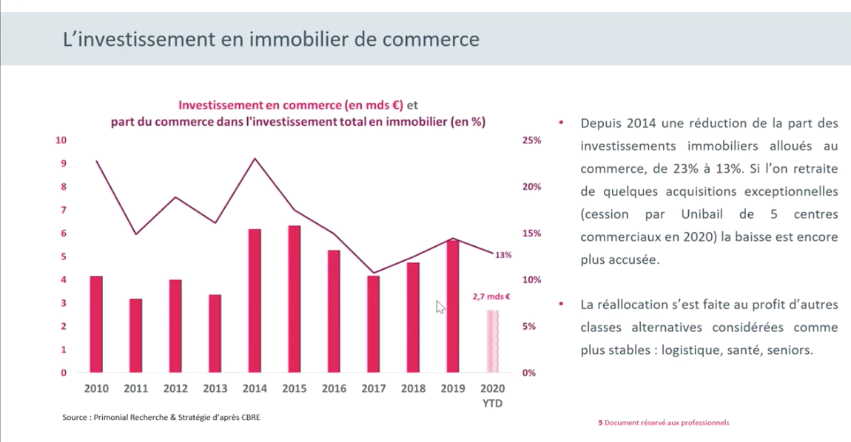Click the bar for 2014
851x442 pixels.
255,301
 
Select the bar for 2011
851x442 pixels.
135,336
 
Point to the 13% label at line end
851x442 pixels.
503,255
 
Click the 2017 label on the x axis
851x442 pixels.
373,389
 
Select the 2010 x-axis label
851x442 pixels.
96,389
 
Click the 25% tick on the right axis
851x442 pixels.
532,140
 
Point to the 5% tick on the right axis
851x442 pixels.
530,327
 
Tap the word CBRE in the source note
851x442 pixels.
249,418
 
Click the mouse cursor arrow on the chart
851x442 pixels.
440,306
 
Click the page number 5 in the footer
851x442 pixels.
600,423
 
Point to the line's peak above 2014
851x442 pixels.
255,158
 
